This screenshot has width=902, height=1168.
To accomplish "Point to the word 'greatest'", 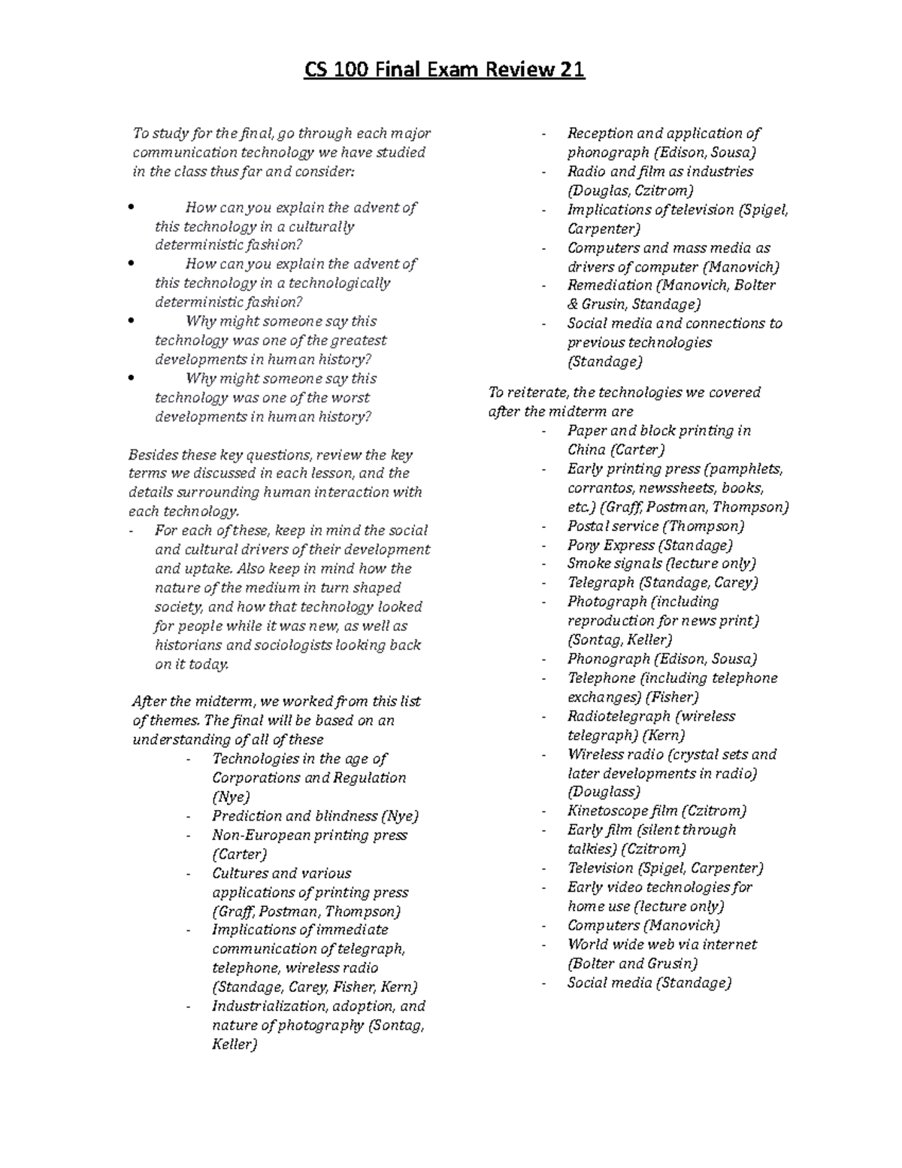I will [x=359, y=341].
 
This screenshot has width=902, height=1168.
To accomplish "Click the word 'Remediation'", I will [x=610, y=286].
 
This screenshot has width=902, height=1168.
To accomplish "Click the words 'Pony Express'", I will [x=610, y=545].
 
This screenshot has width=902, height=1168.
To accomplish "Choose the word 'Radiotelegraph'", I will [x=619, y=717].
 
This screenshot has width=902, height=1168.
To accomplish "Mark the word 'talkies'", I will [x=591, y=849].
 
